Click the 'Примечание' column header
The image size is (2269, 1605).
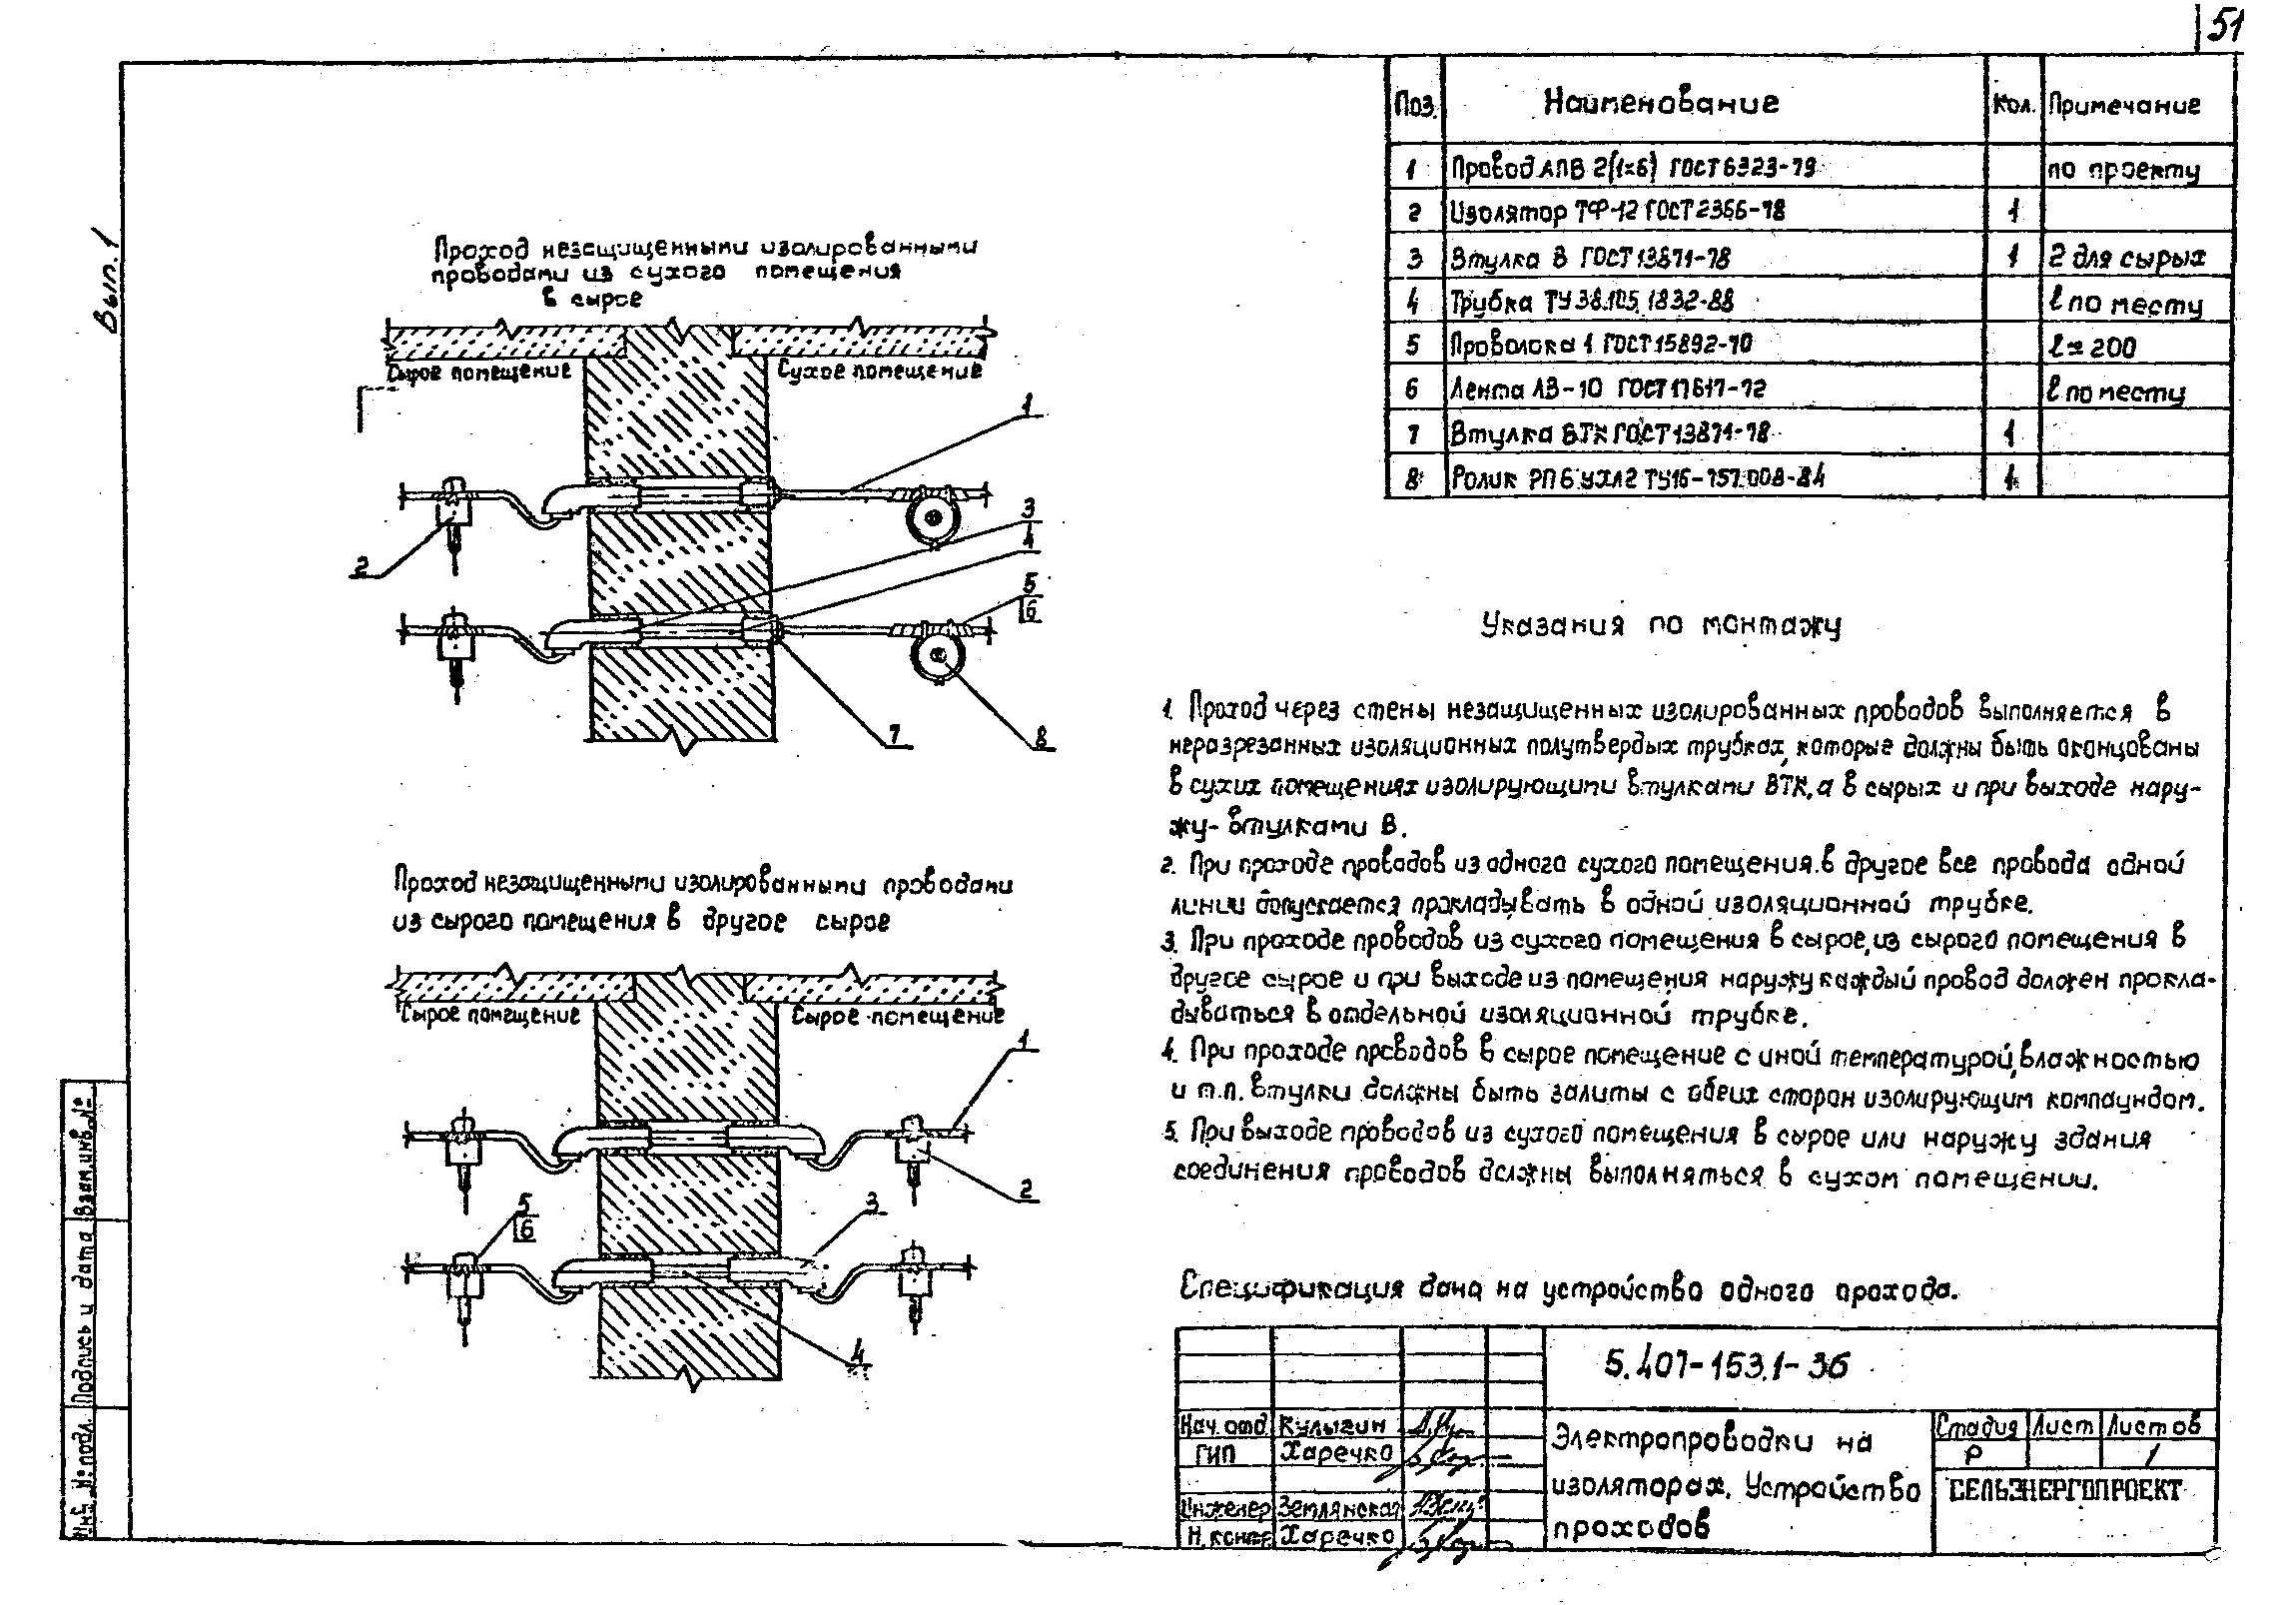2124,105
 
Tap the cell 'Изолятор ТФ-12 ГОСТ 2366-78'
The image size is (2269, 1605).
1617,212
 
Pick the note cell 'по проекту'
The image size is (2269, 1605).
2123,169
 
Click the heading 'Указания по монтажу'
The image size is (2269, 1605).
1660,625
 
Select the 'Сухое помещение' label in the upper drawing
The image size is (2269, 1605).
879,371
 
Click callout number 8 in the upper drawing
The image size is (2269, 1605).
1042,740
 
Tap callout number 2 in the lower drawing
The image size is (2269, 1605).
1026,1189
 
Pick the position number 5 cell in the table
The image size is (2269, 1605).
1412,345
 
